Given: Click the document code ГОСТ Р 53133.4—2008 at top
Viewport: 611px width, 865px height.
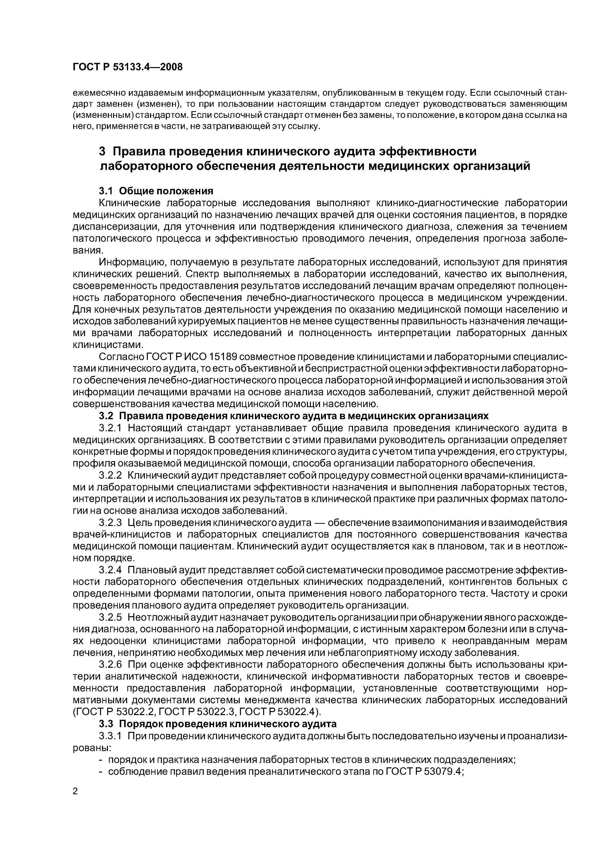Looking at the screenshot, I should pyautogui.click(x=127, y=67).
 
